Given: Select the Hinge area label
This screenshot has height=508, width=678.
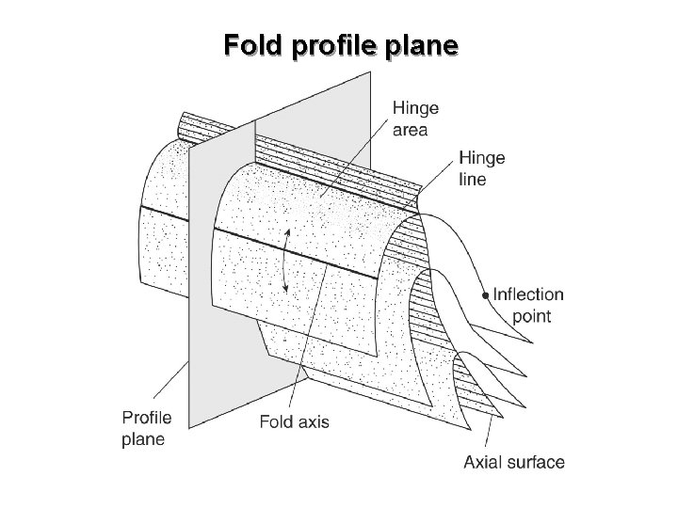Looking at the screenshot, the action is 415,119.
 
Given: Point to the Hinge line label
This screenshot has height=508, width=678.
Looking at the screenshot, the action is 482,168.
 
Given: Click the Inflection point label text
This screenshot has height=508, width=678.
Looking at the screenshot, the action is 528,306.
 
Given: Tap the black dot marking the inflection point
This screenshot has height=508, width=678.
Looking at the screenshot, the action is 486,295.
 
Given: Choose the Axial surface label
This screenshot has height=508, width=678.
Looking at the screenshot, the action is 514,462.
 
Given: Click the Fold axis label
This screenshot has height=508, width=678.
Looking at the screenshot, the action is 294,421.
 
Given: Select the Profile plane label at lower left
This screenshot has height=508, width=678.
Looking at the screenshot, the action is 146,429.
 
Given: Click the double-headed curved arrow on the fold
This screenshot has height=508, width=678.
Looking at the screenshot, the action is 284,261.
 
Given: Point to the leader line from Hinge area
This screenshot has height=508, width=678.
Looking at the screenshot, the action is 354,158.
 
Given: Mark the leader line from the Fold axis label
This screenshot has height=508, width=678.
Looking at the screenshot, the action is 307,339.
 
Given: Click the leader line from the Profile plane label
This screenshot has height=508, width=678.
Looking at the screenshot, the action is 170,380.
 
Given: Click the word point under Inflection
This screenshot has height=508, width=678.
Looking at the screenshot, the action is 531,317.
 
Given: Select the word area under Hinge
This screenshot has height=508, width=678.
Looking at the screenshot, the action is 410,130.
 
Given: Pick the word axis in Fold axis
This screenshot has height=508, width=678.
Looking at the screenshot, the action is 314,422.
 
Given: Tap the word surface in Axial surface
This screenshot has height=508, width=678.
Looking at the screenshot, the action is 536,462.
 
